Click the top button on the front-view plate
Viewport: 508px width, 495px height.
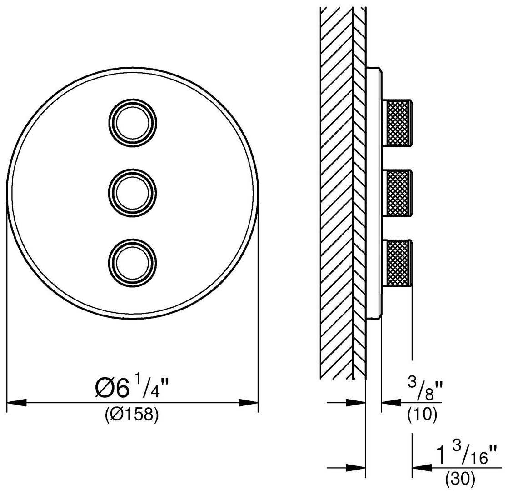(132, 124)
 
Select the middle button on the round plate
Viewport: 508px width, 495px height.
(132, 192)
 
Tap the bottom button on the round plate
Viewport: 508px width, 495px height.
(132, 263)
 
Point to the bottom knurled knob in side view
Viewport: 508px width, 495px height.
(398, 263)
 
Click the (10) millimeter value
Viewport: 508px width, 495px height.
(423, 414)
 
